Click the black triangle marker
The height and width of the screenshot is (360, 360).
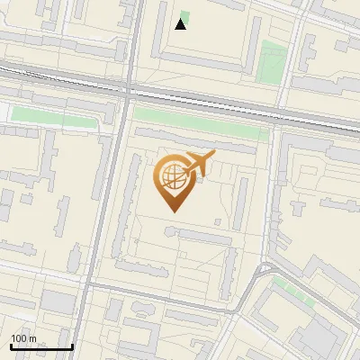click(181, 24)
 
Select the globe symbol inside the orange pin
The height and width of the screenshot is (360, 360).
click(171, 177)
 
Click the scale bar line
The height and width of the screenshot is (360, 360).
click(40, 347)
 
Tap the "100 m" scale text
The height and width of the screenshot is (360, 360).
click(23, 338)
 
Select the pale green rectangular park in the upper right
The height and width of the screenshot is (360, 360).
click(270, 61)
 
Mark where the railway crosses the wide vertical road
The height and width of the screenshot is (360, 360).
click(127, 87)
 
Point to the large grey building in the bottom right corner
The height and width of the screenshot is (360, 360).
click(319, 337)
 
